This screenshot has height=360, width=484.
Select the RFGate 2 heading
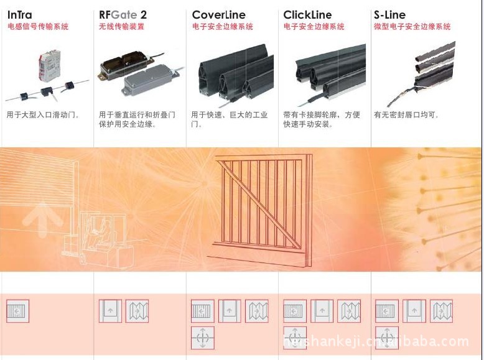tap(123, 14)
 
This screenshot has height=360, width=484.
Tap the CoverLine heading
tap(218, 14)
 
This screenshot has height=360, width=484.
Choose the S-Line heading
tap(389, 14)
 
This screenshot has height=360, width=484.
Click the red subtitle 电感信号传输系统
tap(38, 27)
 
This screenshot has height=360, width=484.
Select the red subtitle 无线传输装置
tap(122, 27)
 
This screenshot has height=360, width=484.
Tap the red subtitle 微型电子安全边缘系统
tap(412, 27)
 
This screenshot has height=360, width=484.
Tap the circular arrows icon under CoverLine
tap(203, 338)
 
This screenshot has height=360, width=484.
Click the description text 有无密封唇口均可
tap(406, 115)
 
